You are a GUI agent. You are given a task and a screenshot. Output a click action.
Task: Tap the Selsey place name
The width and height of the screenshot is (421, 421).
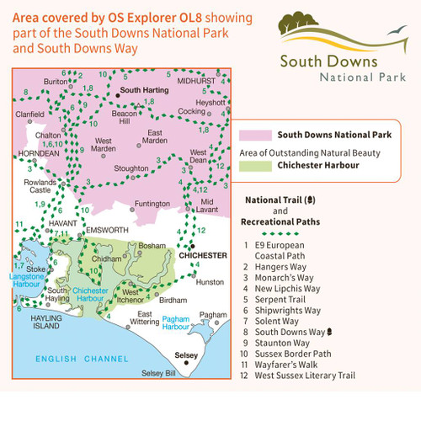click(185, 354)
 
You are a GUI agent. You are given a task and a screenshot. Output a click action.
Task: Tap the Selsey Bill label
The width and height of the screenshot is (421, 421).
click(158, 373)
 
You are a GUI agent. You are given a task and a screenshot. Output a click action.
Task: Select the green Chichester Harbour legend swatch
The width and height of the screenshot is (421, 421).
click(253, 166)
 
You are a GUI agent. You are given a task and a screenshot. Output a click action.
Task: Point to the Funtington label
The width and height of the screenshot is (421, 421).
click(152, 203)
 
